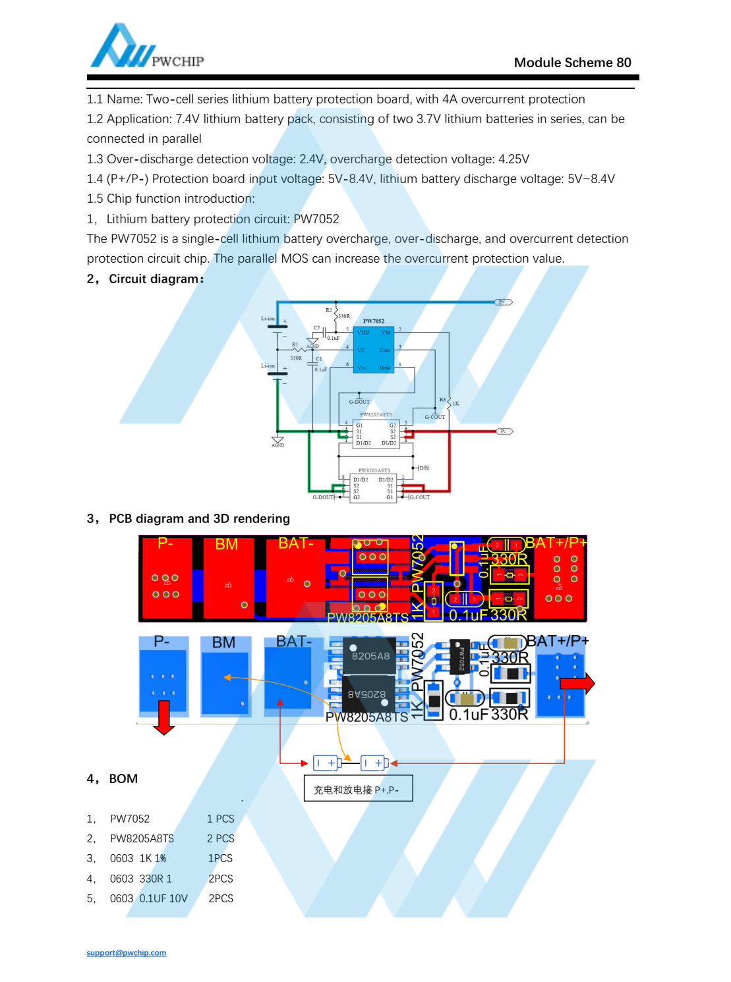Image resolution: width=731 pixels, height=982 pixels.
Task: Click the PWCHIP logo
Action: point(146,47)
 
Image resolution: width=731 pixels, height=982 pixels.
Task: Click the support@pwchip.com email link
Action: point(126,952)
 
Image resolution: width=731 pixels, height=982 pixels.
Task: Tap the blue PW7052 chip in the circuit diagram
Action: point(374,350)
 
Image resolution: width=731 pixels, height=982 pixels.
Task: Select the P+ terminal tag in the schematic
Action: point(503,302)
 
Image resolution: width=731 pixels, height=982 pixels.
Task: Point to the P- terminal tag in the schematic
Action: point(504,431)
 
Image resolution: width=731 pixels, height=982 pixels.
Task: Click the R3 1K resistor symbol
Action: point(449,400)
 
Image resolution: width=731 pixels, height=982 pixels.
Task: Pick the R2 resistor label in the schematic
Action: point(329,310)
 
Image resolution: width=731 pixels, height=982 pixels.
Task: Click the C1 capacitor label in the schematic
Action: point(319,359)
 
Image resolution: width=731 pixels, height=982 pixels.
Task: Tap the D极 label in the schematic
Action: point(424,468)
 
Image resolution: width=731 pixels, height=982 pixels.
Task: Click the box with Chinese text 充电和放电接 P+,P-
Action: point(358,789)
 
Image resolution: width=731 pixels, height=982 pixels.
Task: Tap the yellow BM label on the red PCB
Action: point(226,545)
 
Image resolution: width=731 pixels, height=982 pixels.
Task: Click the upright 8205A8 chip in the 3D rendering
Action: point(369,655)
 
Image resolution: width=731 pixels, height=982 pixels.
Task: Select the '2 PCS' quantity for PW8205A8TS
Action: point(220,838)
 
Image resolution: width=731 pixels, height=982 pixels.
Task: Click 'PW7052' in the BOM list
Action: point(130,819)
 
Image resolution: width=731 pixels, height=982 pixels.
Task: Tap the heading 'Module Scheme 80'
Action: point(572,63)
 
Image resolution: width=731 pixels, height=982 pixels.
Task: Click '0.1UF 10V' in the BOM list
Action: point(163,898)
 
